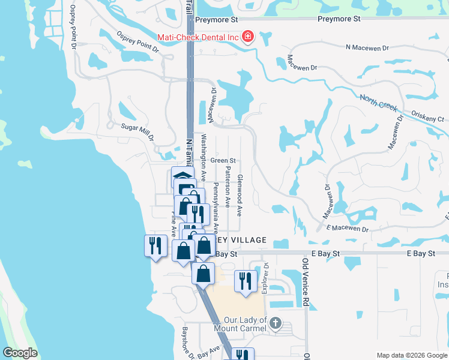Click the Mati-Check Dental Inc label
click(198, 37)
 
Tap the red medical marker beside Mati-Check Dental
click(248, 37)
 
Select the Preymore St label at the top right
click(339, 19)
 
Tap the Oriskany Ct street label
click(427, 116)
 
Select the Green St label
click(223, 161)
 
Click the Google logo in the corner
click(20, 353)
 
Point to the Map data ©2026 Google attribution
click(411, 355)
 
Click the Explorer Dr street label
click(265, 280)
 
